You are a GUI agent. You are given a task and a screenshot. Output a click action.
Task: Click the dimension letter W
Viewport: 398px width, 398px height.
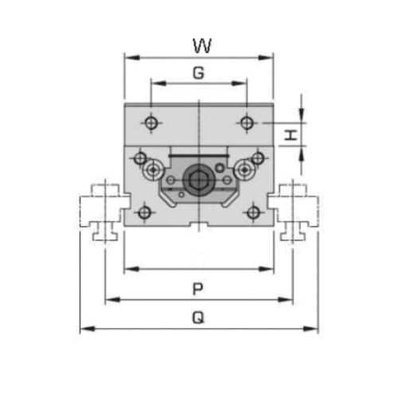(202, 45)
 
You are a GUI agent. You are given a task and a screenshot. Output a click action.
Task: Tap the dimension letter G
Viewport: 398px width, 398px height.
(199, 72)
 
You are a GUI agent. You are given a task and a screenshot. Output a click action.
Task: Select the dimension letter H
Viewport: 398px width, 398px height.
(291, 135)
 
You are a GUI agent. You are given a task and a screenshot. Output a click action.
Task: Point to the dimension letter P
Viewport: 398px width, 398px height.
(198, 289)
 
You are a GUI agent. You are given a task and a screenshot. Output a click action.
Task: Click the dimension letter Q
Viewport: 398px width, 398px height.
(198, 318)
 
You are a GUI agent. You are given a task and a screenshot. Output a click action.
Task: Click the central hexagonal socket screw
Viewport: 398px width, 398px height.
(196, 181)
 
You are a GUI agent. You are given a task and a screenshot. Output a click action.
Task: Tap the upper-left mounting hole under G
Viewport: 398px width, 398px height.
(151, 123)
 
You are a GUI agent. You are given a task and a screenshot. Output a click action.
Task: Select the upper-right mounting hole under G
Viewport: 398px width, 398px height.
(247, 123)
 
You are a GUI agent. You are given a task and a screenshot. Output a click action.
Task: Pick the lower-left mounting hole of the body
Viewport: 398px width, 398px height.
(145, 213)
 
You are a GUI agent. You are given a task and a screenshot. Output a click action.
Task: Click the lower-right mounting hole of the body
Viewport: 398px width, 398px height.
(253, 213)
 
